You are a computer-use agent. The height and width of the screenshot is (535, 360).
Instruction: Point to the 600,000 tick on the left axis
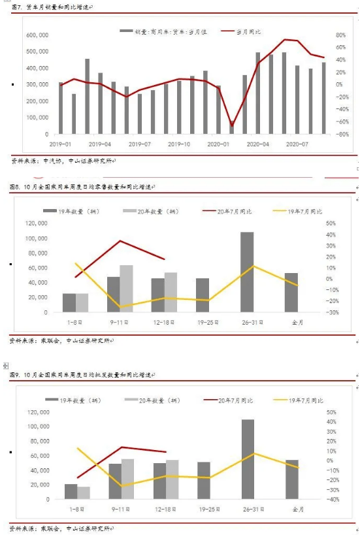(x=37, y=35)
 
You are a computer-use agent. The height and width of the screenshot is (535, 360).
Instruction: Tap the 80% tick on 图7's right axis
(x=340, y=35)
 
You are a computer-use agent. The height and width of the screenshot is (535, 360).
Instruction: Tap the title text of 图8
(x=82, y=187)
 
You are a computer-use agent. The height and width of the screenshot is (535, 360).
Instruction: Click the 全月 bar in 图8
(x=291, y=293)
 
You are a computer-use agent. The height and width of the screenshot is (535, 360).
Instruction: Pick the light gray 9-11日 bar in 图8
(x=126, y=289)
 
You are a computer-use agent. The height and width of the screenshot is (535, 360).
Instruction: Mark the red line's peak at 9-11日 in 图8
(x=120, y=240)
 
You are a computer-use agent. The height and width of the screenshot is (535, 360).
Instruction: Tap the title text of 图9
(x=82, y=376)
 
